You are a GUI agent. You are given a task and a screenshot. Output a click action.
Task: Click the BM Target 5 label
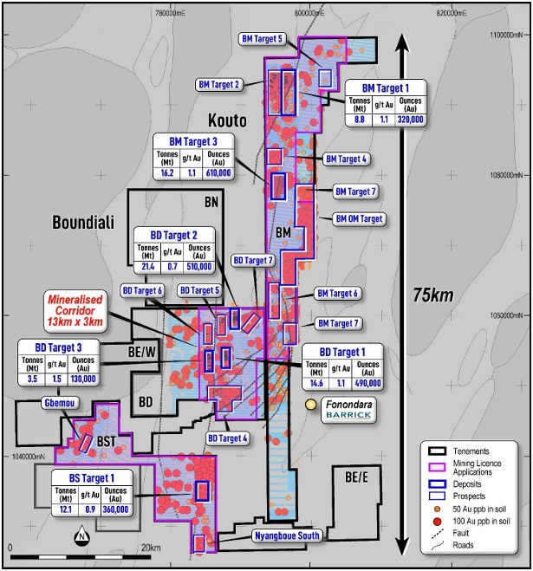coord(262,39)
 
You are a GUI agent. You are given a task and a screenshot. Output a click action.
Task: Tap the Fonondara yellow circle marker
coord(311,404)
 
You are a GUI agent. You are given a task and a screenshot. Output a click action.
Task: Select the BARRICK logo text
coord(348,416)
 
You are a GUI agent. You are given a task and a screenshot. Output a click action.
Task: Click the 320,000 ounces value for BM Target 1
coord(411,120)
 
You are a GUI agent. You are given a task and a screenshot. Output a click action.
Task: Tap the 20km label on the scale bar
coord(150,548)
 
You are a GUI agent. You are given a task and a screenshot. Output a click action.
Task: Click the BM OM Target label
coord(358,219)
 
